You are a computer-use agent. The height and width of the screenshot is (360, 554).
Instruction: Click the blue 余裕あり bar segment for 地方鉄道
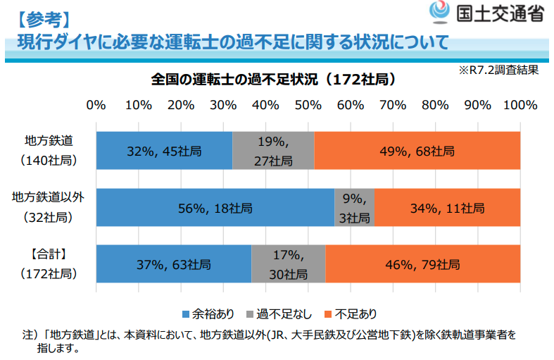click(x=164, y=151)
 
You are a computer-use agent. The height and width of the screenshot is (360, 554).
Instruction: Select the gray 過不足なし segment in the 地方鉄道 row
click(x=273, y=151)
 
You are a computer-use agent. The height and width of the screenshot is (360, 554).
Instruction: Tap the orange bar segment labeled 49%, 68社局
click(x=417, y=151)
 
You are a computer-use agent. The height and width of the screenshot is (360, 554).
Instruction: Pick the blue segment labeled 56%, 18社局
click(x=215, y=208)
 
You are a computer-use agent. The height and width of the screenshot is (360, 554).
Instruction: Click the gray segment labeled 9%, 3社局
click(x=354, y=208)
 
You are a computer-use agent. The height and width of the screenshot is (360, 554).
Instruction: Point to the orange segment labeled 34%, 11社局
click(x=447, y=208)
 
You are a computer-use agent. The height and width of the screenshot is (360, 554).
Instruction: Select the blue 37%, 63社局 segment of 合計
click(x=173, y=265)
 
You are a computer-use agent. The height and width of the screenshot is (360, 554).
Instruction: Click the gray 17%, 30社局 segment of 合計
click(x=288, y=265)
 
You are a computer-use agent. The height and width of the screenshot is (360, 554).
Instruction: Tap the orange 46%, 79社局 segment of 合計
click(x=422, y=265)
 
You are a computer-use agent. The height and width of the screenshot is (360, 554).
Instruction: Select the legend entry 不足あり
click(x=351, y=313)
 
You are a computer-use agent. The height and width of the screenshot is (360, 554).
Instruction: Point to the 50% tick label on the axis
click(x=308, y=105)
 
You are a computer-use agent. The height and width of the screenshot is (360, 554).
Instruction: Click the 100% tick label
click(x=520, y=105)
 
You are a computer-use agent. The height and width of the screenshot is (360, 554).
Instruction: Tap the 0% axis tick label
click(x=96, y=105)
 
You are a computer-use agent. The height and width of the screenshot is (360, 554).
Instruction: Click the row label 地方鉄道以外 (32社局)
click(x=49, y=208)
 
